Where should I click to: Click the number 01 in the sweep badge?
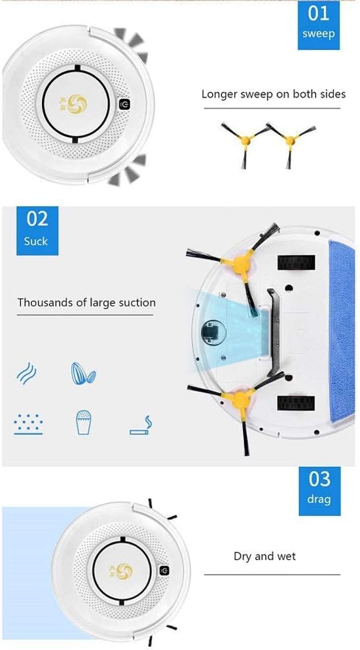pyautogui.click(x=319, y=13)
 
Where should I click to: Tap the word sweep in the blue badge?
pyautogui.click(x=319, y=34)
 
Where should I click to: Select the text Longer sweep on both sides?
pyautogui.click(x=273, y=94)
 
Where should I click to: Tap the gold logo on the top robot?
pyautogui.click(x=77, y=103)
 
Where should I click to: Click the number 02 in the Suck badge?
pyautogui.click(x=37, y=218)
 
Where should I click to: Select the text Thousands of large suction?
pyautogui.click(x=86, y=302)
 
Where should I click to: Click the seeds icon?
pyautogui.click(x=83, y=374)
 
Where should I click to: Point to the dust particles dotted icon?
pyautogui.click(x=28, y=424)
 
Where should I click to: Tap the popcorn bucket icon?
pyautogui.click(x=82, y=423)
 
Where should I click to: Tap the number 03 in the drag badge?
pyautogui.click(x=319, y=479)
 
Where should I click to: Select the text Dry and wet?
pyautogui.click(x=264, y=556)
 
